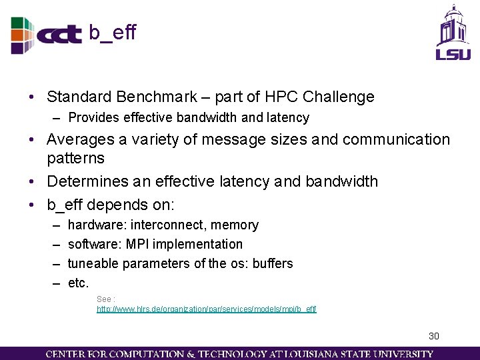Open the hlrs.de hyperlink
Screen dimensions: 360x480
(x=206, y=309)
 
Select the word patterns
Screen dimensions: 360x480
(x=75, y=159)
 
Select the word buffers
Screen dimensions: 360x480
(x=273, y=263)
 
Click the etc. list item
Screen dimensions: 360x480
(x=78, y=283)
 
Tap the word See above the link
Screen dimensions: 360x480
(x=104, y=299)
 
